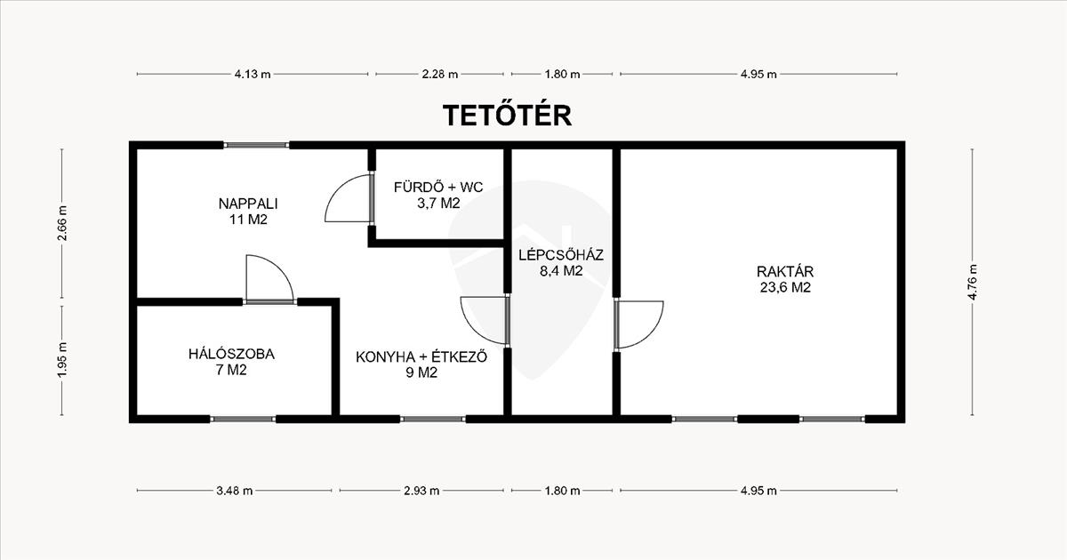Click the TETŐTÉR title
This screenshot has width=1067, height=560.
[x=508, y=115]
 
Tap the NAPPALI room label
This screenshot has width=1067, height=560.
[x=248, y=204]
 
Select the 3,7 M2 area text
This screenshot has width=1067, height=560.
[x=438, y=204]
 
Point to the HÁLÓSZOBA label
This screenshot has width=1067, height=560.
[x=231, y=355]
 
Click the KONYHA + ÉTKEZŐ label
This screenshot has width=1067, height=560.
[x=421, y=356]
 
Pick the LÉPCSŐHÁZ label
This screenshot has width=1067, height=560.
[x=561, y=255]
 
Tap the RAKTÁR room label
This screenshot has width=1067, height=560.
[x=785, y=272]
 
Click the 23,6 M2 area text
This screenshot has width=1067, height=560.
[x=785, y=288]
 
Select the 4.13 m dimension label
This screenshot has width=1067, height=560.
[x=253, y=75]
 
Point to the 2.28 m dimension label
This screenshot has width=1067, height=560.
[x=439, y=75]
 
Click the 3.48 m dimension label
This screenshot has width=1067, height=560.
[x=235, y=491]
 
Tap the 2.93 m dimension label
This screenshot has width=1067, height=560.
[x=421, y=491]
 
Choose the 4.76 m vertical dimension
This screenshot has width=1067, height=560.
[x=972, y=282]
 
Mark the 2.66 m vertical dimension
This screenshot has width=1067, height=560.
[x=62, y=223]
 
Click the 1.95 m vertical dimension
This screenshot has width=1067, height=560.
[x=62, y=360]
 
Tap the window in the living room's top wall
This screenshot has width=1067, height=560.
[x=256, y=145]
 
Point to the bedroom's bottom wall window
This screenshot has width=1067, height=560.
[x=243, y=419]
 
